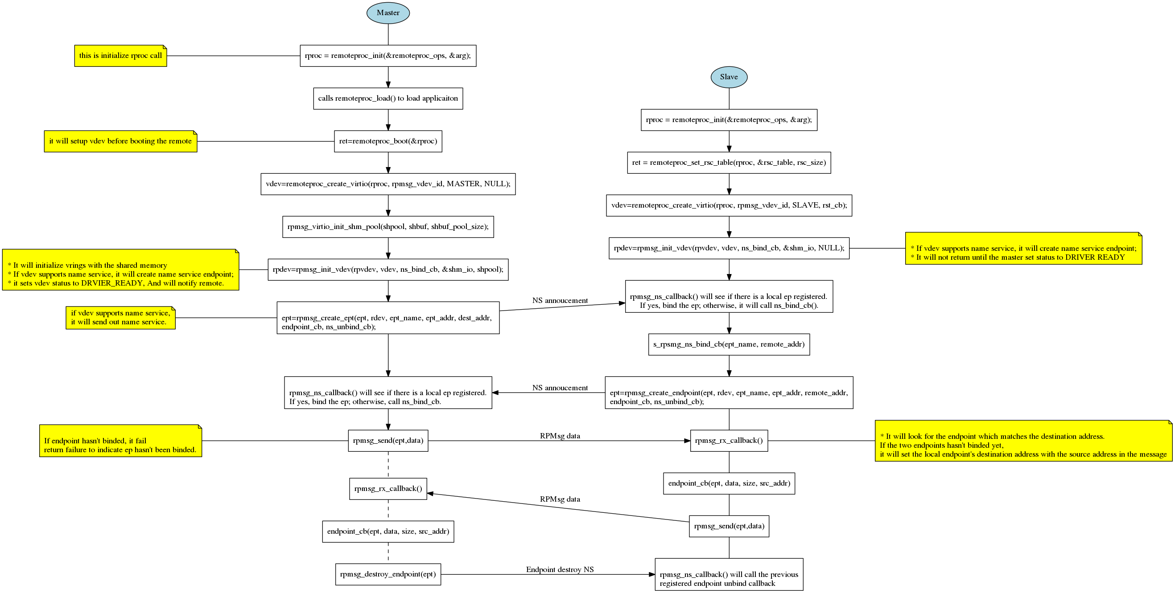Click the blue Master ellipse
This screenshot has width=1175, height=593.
[388, 13]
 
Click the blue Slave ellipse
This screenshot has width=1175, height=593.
[729, 77]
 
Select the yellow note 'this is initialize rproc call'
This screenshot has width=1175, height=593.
[120, 56]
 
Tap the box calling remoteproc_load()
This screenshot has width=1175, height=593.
[388, 98]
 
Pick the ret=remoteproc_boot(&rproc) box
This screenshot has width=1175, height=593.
[388, 141]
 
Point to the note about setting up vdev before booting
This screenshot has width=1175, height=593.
[120, 141]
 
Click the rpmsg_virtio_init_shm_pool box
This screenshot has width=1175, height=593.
[388, 227]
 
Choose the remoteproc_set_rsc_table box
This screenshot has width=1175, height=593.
[729, 163]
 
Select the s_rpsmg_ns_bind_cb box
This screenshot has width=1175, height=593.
[729, 344]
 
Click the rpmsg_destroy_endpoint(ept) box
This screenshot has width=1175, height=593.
[388, 574]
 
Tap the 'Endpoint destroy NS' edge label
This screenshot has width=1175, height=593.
[560, 570]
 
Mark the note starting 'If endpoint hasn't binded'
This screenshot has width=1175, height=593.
[120, 441]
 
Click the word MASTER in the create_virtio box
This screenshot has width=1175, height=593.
[463, 184]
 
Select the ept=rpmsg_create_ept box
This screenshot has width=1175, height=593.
[388, 318]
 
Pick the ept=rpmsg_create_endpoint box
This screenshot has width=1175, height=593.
[729, 393]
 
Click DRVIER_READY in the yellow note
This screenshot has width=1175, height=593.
[112, 283]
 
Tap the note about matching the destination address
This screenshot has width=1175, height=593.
[1023, 441]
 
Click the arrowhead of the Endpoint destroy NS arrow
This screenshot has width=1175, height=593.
[652, 574]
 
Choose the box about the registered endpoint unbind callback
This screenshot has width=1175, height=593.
[729, 574]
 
